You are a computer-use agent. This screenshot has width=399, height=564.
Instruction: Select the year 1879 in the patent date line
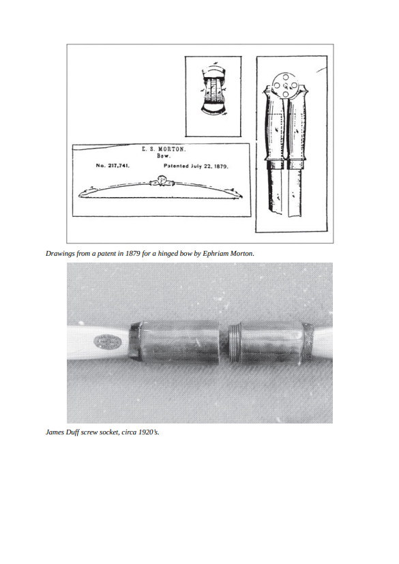coord(220,166)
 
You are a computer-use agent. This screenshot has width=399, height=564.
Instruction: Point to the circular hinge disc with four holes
coord(285,85)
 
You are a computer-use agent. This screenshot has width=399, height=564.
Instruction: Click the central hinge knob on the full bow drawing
coord(161,180)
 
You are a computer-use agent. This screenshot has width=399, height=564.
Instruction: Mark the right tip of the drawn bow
coord(240,196)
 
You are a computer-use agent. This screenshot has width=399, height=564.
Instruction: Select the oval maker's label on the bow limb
coord(108,342)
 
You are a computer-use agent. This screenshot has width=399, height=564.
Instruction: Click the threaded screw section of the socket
coord(235,343)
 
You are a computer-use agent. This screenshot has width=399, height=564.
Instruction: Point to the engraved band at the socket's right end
coord(308,343)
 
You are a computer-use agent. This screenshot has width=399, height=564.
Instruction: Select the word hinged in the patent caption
coord(167,253)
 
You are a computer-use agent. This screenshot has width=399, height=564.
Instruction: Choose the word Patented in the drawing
coord(176,166)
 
